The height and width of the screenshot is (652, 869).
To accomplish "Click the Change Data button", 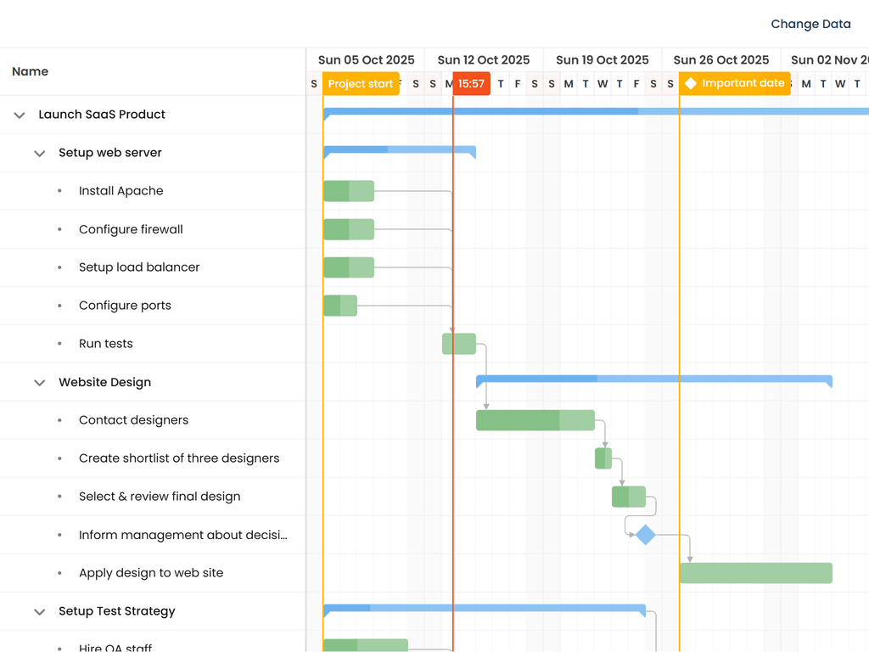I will (x=810, y=24).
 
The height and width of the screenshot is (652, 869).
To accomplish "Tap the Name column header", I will (x=31, y=71).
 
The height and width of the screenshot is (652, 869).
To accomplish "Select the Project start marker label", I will (x=361, y=83).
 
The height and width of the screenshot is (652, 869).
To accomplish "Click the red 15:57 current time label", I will (x=471, y=83).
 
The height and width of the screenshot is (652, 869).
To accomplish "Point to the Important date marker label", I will (x=735, y=83).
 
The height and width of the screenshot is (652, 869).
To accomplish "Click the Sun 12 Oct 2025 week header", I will (x=484, y=60).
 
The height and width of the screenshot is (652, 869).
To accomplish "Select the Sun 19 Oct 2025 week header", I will (x=603, y=60).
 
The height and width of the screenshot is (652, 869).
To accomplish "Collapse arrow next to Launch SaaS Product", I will (x=20, y=115).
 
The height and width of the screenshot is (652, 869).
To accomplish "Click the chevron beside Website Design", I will (x=39, y=382).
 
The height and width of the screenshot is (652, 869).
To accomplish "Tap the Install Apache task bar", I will (x=349, y=191).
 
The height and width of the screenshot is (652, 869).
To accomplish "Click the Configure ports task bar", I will (x=340, y=306).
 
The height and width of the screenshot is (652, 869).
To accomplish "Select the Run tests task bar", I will (x=459, y=344).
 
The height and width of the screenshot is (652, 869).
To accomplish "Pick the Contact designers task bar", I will (x=535, y=420).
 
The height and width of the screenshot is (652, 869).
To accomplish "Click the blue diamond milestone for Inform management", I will (x=646, y=535).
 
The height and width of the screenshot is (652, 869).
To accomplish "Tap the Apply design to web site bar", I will (x=755, y=573).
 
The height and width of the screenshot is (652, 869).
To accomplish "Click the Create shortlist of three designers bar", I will (x=603, y=458).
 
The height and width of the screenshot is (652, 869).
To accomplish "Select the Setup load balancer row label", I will (x=139, y=267).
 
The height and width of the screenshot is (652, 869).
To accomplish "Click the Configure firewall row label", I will (x=131, y=229).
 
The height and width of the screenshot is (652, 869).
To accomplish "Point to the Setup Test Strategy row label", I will (x=117, y=611).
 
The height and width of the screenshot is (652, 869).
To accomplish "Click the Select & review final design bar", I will (x=629, y=497).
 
